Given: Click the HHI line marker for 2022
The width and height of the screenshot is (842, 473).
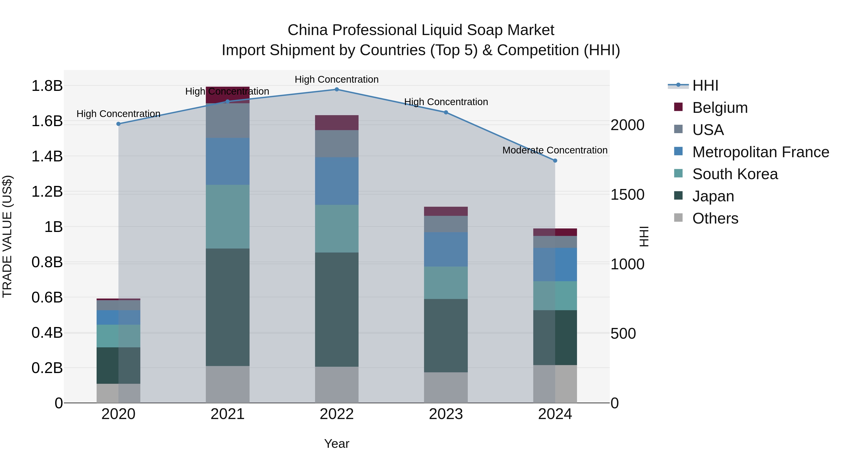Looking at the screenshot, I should (x=337, y=89).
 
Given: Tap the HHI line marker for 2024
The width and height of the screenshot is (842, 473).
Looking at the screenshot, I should (x=555, y=161).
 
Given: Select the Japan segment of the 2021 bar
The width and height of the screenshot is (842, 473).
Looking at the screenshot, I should (x=228, y=307).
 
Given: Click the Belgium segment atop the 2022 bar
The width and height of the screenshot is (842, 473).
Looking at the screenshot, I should (x=337, y=123).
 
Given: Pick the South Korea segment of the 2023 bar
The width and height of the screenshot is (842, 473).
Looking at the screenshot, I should (x=446, y=283).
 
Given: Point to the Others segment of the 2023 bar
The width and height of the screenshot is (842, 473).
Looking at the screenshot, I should (x=446, y=388).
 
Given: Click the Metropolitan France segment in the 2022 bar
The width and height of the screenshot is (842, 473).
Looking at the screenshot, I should (x=337, y=181).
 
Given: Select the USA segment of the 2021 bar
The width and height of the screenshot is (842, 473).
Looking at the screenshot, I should (x=228, y=121).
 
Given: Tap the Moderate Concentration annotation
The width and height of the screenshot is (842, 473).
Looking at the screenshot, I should (x=555, y=150).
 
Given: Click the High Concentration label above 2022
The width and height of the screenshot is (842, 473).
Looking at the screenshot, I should (x=337, y=79).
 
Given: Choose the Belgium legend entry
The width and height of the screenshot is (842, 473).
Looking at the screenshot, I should (x=720, y=108).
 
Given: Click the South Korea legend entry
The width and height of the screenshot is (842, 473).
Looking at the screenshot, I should (x=735, y=174).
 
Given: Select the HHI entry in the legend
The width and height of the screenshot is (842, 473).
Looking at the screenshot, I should (x=705, y=85).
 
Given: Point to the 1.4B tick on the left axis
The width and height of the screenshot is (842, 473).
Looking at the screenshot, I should (x=47, y=156).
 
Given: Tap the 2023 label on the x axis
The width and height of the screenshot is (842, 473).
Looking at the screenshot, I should (x=446, y=414).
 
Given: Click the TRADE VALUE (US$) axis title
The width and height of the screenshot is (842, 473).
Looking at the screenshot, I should (x=7, y=236).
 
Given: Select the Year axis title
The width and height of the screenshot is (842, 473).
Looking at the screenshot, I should (x=337, y=444).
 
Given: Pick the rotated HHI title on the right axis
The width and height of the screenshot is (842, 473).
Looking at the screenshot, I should (x=644, y=236).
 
